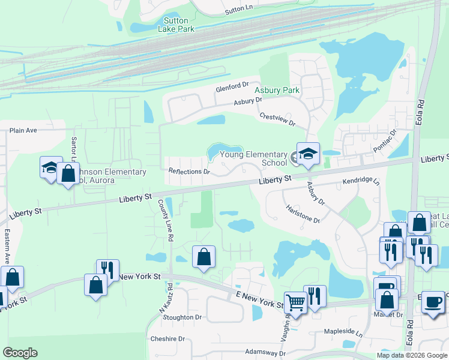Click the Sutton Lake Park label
[x=176, y=25]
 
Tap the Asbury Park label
[x=276, y=91]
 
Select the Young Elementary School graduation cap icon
[x=308, y=154]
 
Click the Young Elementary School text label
[x=254, y=158]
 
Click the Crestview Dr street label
[x=278, y=119]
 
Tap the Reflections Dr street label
[x=189, y=172]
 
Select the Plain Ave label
[x=23, y=130]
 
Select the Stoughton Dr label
[x=182, y=317]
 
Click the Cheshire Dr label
[x=168, y=338]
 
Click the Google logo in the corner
[x=20, y=353]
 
